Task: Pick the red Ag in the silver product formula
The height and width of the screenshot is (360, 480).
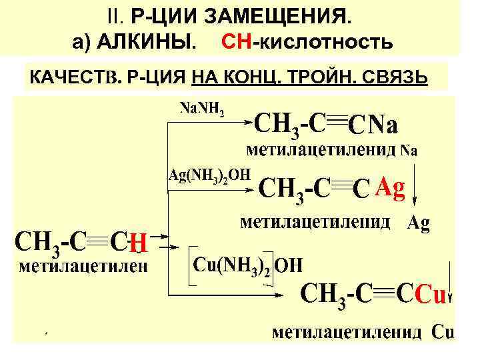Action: (389, 189)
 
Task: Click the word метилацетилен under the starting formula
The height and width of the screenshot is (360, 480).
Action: (83, 267)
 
